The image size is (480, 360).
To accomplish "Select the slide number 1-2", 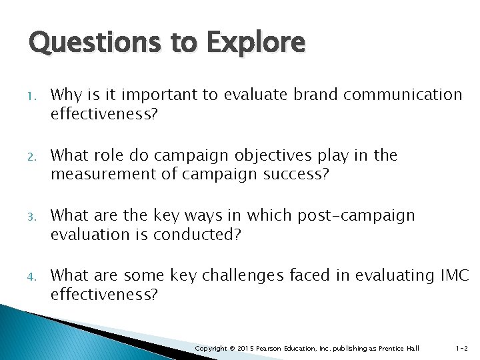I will click(461, 348).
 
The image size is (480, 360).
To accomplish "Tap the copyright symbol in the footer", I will click(231, 348).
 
